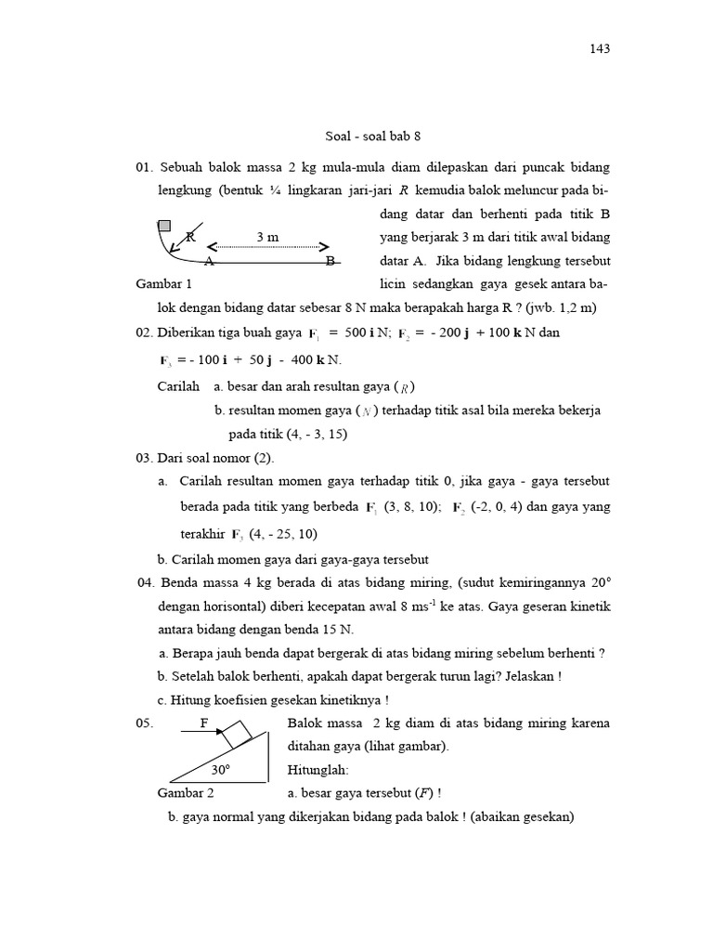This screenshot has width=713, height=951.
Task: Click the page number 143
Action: pyautogui.click(x=599, y=49)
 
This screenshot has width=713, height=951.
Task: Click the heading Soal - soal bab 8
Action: pyautogui.click(x=373, y=136)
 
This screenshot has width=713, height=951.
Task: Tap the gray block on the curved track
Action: pyautogui.click(x=164, y=225)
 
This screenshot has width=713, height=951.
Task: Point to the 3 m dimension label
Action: pyautogui.click(x=267, y=237)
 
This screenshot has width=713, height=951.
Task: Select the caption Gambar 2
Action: pyautogui.click(x=186, y=793)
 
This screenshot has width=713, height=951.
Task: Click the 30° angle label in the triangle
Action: pyautogui.click(x=220, y=770)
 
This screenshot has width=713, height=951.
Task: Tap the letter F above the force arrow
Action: pyautogui.click(x=204, y=722)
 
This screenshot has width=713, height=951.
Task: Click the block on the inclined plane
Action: pyautogui.click(x=238, y=734)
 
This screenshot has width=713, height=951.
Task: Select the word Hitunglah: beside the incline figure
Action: pyautogui.click(x=318, y=770)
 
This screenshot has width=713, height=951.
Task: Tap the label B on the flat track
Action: pyautogui.click(x=330, y=261)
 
